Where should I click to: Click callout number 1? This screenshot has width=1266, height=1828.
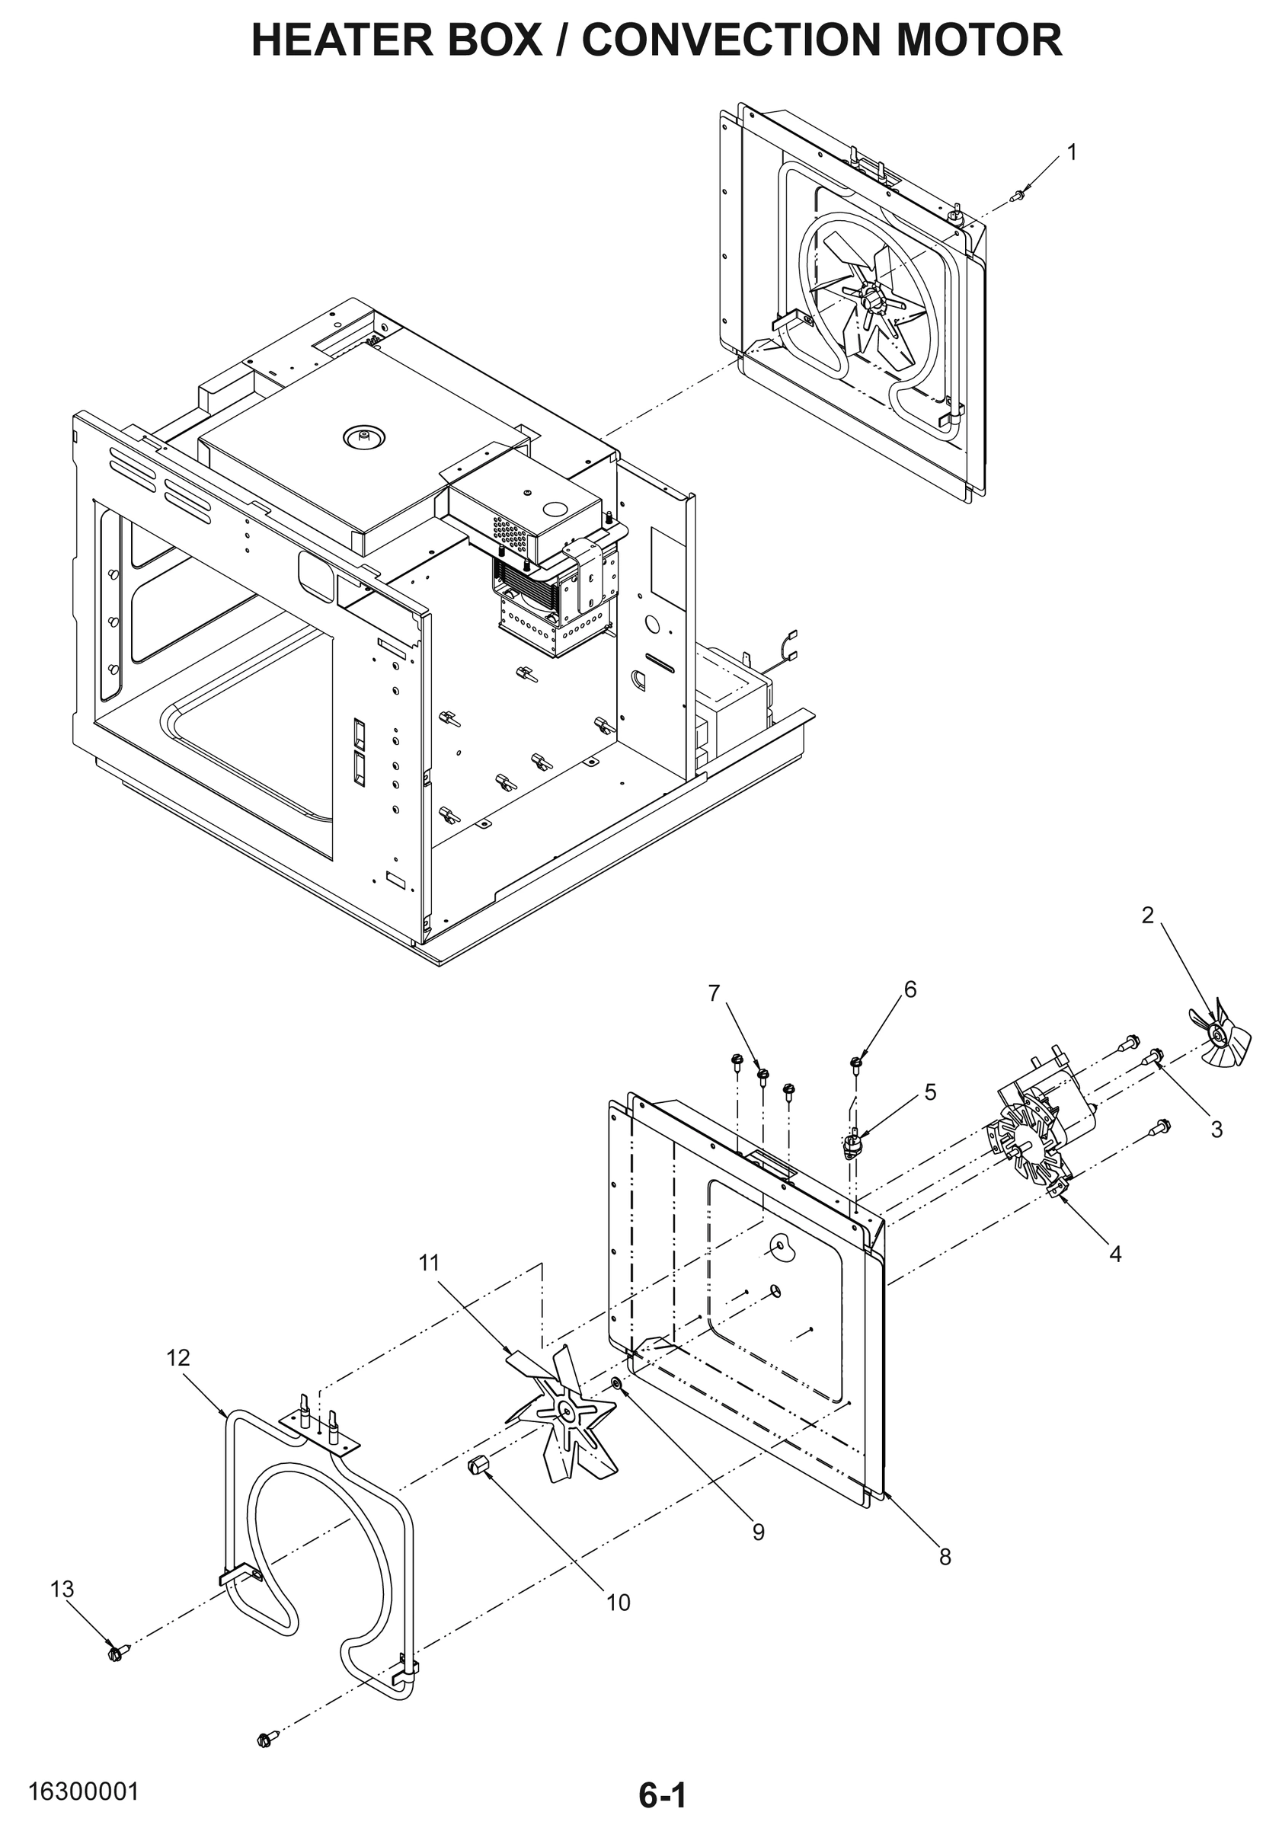point(1072,152)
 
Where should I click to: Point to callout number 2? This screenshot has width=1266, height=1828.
point(1148,916)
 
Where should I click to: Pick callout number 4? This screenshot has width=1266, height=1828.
point(1114,1254)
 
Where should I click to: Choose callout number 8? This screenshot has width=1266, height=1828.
point(945,1557)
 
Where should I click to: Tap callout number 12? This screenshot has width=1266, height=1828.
point(178,1358)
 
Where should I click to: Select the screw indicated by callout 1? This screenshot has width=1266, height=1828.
point(1020,193)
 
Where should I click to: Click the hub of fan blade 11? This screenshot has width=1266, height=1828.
point(567,1410)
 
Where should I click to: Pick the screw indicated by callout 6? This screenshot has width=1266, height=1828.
point(855,1062)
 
